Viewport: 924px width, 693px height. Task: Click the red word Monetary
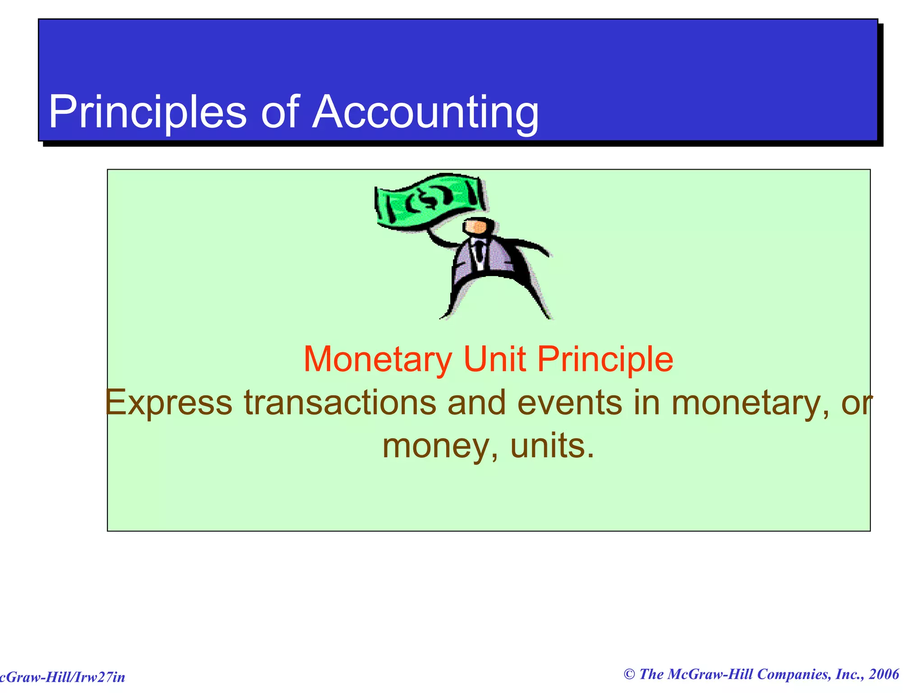pos(377,360)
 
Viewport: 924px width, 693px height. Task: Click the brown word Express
pos(168,402)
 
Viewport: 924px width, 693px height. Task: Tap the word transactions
pos(340,402)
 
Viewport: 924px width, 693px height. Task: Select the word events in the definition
pos(569,402)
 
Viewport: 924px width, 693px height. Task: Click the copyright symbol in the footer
pos(629,675)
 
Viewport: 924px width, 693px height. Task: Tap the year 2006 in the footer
pos(884,675)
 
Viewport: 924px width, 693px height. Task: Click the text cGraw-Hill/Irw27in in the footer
pos(62,677)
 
